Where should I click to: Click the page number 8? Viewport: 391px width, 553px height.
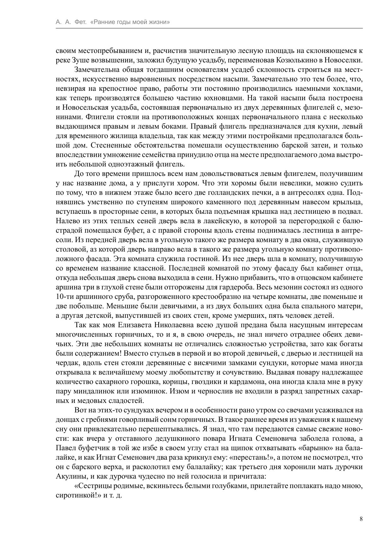[361, 519]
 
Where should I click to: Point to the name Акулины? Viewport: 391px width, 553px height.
[70, 476]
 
